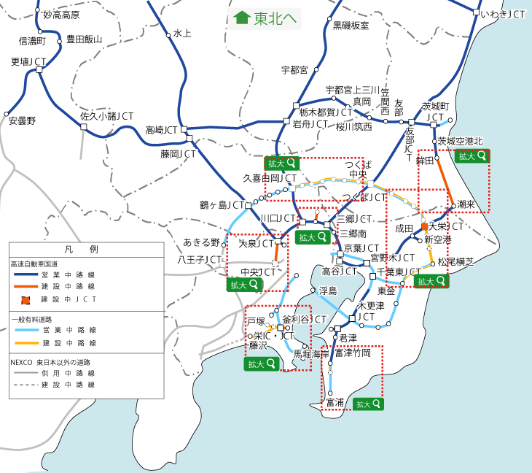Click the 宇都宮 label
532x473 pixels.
click(295, 71)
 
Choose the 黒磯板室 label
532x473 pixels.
click(351, 26)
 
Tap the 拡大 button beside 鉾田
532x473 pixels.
click(471, 155)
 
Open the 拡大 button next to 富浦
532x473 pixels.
click(368, 403)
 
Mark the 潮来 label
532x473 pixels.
click(466, 206)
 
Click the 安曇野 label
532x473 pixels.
click(22, 120)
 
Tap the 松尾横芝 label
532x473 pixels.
click(456, 261)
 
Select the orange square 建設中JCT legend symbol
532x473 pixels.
click(26, 299)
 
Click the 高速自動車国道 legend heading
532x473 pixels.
click(34, 262)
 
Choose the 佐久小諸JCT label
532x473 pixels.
click(106, 116)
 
